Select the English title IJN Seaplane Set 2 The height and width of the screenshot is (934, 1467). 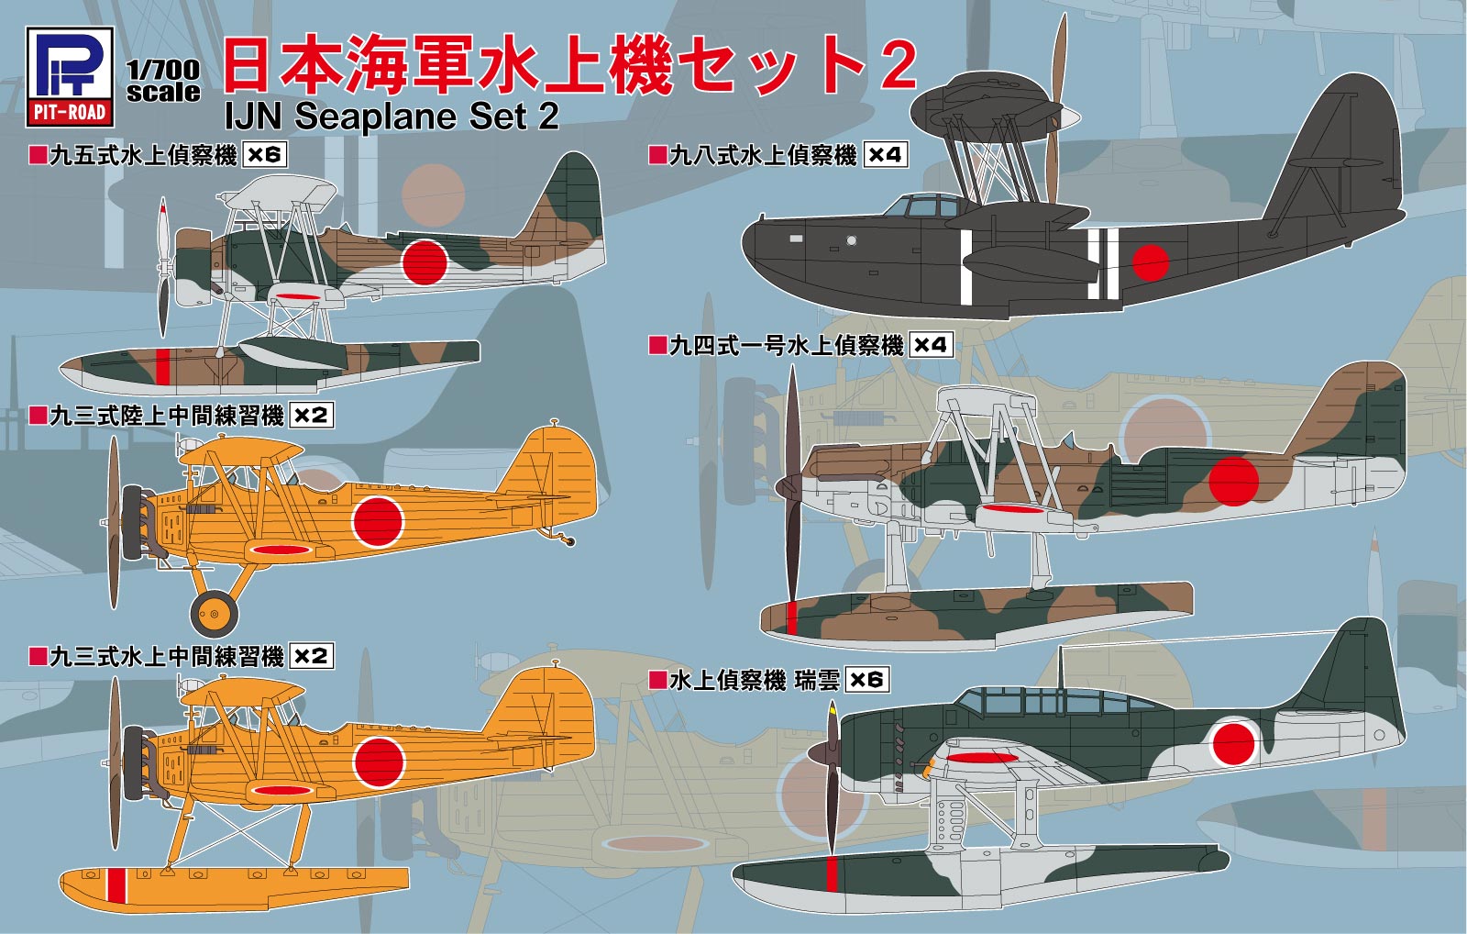(x=392, y=117)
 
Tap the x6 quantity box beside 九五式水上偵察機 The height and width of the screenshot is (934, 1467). (x=264, y=155)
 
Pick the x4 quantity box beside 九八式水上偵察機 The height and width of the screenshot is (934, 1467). (x=885, y=155)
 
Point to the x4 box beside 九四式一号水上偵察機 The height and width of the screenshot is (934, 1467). (x=930, y=345)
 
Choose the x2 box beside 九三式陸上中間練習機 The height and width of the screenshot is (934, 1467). (x=311, y=416)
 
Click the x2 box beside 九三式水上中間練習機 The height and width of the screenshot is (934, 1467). (x=311, y=657)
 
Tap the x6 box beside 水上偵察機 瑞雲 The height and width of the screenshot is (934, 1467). (x=866, y=680)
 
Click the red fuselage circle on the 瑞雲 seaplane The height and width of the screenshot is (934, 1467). (x=1233, y=744)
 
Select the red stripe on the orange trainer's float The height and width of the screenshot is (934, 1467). (x=116, y=884)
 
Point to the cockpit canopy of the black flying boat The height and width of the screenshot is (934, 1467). (x=921, y=206)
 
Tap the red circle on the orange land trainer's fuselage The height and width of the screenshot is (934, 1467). (x=378, y=521)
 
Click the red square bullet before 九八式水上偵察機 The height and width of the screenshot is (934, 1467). (x=656, y=155)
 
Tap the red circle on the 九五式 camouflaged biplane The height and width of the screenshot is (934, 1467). (x=425, y=261)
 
